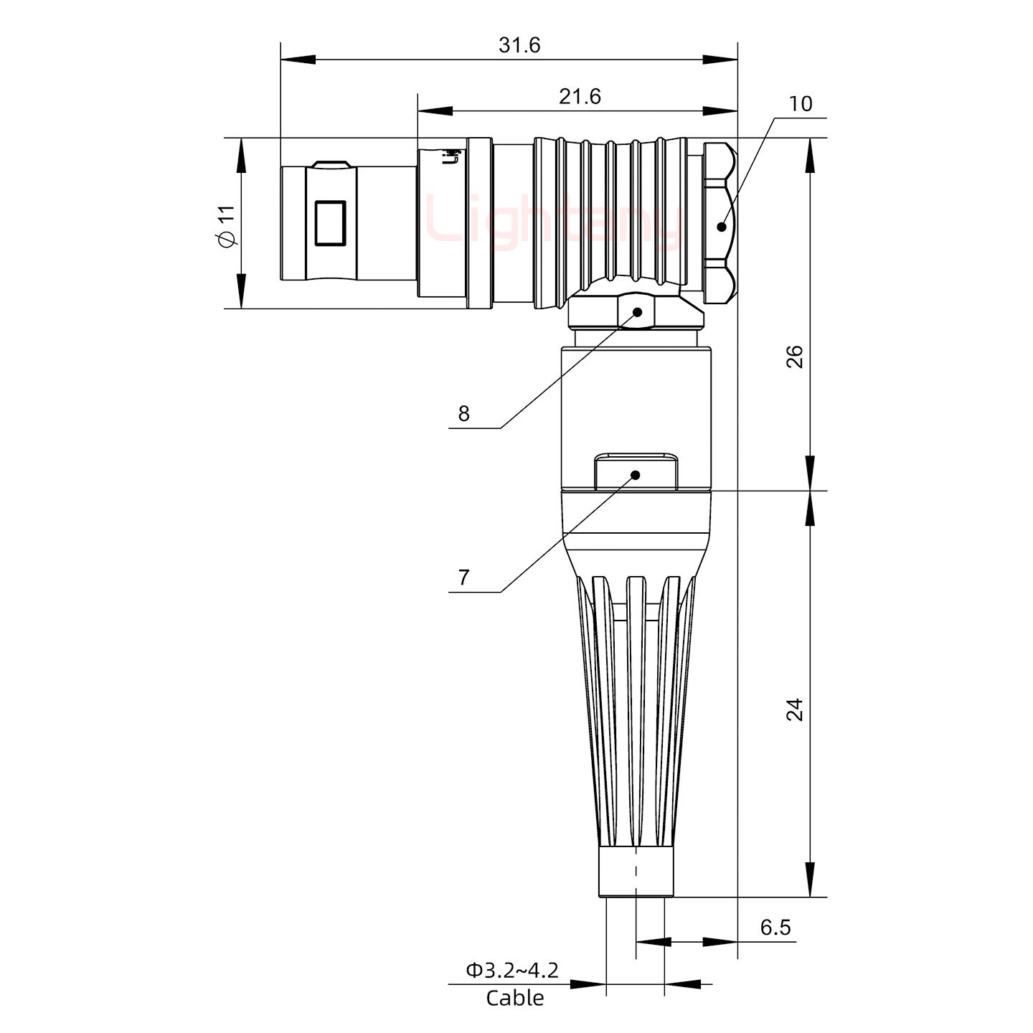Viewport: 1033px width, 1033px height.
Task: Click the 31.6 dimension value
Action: tap(519, 45)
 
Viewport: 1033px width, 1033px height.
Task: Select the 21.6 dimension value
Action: tap(580, 96)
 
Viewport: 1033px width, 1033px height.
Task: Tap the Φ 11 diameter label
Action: tap(226, 226)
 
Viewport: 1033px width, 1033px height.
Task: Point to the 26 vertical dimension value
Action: tap(795, 357)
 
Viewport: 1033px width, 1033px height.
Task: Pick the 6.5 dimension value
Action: tap(775, 928)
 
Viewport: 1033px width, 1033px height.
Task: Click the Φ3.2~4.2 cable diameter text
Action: tap(512, 971)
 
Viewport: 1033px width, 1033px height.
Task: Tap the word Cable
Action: tap(514, 998)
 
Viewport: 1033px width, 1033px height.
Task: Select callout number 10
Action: tap(800, 104)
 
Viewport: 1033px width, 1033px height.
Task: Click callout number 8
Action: tap(463, 414)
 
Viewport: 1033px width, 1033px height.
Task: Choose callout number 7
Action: tap(463, 577)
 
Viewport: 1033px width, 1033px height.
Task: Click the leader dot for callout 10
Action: tap(721, 227)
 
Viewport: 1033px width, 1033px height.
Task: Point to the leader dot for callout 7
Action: tap(635, 475)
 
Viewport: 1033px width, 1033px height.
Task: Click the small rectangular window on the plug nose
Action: tap(330, 223)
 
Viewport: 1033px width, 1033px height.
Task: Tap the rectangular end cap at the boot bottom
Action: tap(636, 872)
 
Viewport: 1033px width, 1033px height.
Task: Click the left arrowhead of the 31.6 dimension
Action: tap(297, 60)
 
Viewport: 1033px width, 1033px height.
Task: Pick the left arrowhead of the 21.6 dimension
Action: tap(435, 111)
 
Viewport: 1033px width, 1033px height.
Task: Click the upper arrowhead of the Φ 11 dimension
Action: tap(241, 155)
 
